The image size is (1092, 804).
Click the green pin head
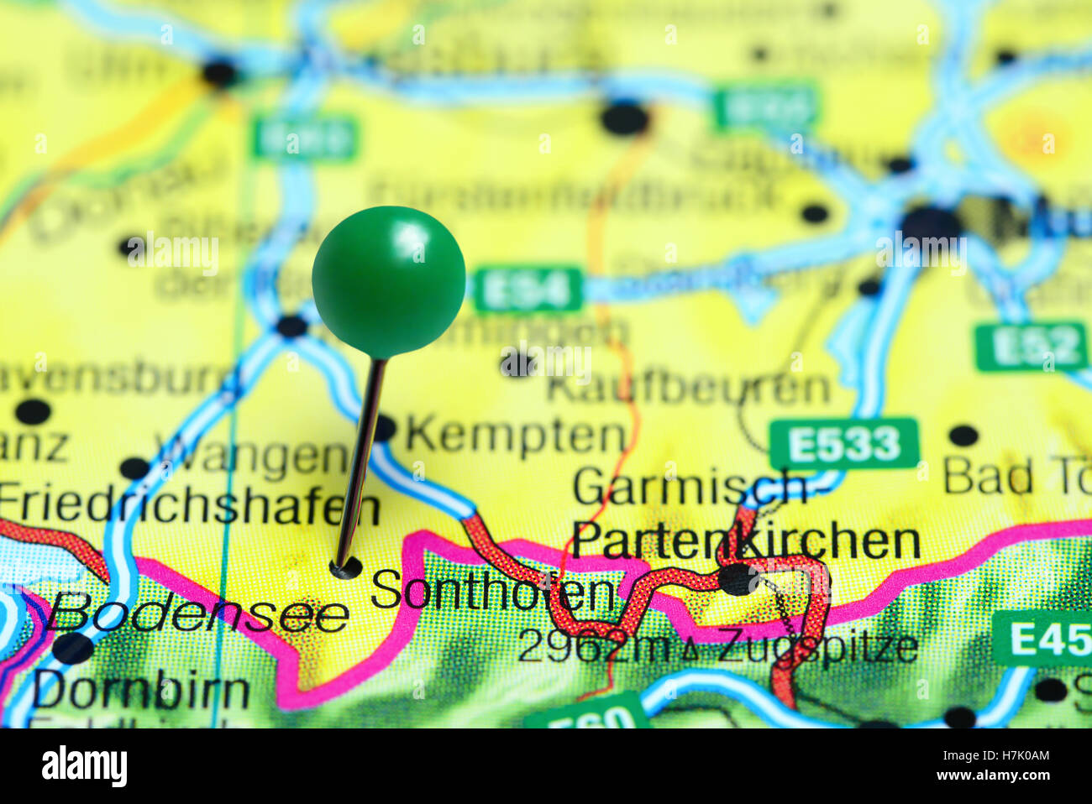pyautogui.click(x=388, y=281)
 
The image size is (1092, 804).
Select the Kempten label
pyautogui.click(x=516, y=435)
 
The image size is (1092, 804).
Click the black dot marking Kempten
pyautogui.click(x=382, y=428)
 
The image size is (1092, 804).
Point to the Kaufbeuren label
pyautogui.click(x=688, y=388)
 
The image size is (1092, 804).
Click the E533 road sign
pyautogui.click(x=844, y=443)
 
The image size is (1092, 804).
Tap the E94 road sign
pyautogui.click(x=528, y=290)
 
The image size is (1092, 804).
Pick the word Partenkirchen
pyautogui.click(x=746, y=540)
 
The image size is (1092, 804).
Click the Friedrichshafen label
pyautogui.click(x=189, y=506)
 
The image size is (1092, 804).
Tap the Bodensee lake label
pyautogui.click(x=197, y=615)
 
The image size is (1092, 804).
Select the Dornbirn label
pyautogui.click(x=141, y=691)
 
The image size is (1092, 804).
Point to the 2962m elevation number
pyautogui.click(x=594, y=646)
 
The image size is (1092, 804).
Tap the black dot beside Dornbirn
pyautogui.click(x=72, y=648)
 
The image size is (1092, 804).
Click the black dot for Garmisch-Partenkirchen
pyautogui.click(x=738, y=579)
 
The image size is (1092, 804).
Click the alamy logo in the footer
pyautogui.click(x=84, y=766)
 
